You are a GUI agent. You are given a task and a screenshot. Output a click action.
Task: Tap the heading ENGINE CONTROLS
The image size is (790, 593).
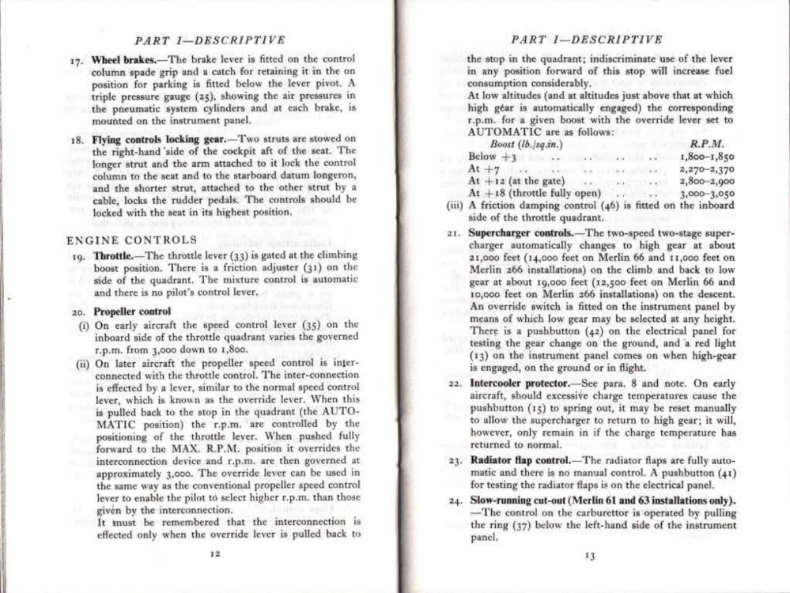click(132, 239)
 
